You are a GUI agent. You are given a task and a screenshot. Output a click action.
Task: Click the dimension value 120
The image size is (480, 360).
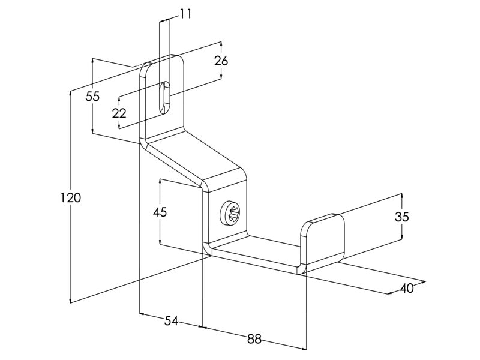[71, 198]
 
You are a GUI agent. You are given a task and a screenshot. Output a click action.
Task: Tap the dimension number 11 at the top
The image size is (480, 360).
[185, 14]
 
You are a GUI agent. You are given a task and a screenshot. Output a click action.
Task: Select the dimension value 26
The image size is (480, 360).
[221, 61]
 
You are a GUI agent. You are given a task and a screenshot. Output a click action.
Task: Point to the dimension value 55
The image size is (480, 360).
[92, 97]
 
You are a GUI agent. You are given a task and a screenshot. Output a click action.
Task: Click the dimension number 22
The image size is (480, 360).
[119, 113]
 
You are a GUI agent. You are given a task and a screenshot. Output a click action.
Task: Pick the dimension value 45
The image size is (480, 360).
[160, 212]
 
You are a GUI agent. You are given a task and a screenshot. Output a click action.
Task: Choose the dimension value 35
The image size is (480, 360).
[401, 217]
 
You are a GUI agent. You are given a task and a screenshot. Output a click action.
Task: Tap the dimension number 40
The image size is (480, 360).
[407, 288]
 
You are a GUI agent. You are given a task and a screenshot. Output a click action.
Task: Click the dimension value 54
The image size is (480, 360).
[171, 321]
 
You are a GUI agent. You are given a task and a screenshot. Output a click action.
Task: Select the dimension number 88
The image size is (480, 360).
[254, 339]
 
